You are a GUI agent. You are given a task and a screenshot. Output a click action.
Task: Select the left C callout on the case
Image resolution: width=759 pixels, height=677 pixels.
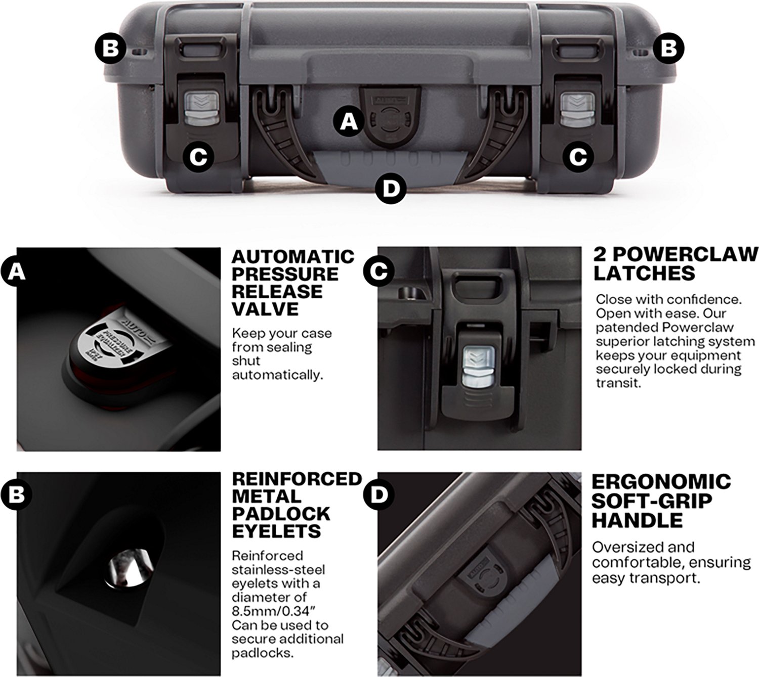click(198, 157)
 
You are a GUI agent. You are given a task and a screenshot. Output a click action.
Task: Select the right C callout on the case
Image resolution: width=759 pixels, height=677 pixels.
click(578, 157)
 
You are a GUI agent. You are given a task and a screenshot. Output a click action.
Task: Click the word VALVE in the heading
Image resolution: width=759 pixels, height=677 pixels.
click(265, 309)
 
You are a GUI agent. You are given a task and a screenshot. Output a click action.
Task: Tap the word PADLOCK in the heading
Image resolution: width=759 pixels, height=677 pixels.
click(281, 514)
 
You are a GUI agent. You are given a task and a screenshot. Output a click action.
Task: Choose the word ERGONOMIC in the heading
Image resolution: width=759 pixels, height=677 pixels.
click(661, 481)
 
